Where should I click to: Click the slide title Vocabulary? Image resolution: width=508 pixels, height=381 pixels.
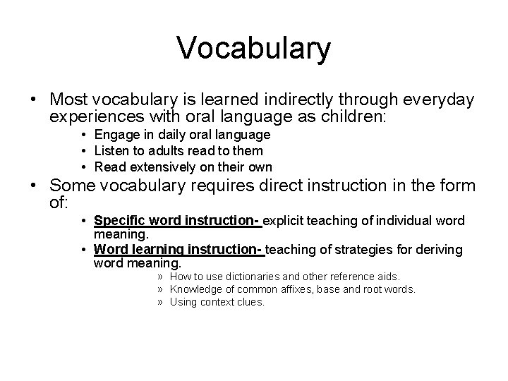tap(253, 48)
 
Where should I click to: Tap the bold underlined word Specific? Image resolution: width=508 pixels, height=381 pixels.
tap(119, 221)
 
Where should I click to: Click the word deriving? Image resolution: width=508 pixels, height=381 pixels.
tap(440, 249)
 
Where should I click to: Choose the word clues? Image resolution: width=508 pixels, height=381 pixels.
tap(250, 302)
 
